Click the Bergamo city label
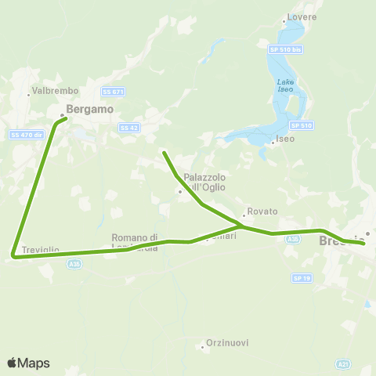pos(90,110)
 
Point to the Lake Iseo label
pos(285,85)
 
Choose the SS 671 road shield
pos(114,91)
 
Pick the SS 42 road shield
pos(128,127)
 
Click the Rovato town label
pos(262,211)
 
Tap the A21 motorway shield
pos(343,363)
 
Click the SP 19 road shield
pos(302,277)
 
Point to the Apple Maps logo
pos(28,363)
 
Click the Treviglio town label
pos(41,250)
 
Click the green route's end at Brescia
pos(363,244)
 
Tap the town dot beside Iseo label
pos(272,143)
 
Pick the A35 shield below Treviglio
pos(74,265)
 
